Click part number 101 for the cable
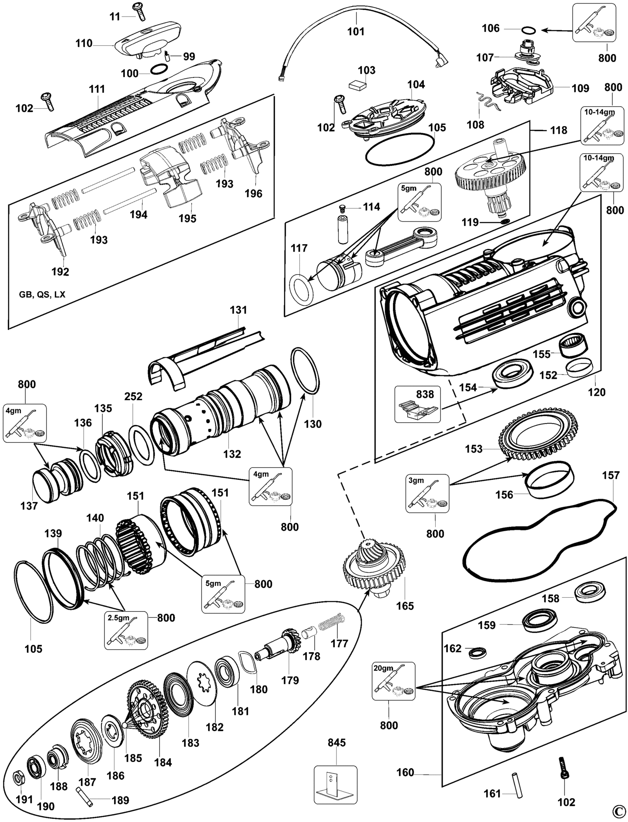356,32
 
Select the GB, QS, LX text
42,294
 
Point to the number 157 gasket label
611,475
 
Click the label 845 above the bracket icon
336,742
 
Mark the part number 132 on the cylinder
232,454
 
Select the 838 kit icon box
417,404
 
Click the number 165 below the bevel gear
405,606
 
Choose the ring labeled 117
301,287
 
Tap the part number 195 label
188,218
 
